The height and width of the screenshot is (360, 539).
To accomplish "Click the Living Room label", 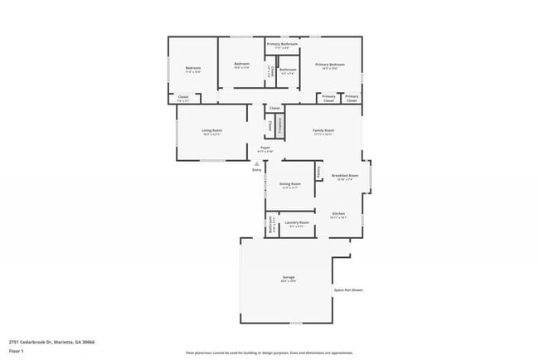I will [211, 130].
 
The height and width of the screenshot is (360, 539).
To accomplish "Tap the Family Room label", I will [323, 130].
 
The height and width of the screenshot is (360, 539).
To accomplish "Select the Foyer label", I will [265, 147].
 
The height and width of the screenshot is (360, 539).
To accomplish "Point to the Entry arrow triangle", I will [257, 164].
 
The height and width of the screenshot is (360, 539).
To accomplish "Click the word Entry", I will [257, 170].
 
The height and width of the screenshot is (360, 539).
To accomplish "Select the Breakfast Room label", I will [344, 175].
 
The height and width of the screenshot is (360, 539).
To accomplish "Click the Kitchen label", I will [338, 213].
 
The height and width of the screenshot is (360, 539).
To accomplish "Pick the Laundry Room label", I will [297, 222].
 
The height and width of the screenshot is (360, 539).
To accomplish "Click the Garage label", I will [289, 277].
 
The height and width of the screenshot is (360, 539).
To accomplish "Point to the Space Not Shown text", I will [348, 290].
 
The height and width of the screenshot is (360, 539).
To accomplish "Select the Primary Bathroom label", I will [282, 43].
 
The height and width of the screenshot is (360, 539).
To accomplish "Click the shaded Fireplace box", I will [280, 125].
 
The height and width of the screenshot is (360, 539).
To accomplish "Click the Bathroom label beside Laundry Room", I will [270, 225].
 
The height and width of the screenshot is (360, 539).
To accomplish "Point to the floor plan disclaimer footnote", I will [269, 353].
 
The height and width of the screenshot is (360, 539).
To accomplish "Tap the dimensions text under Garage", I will [289, 281].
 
